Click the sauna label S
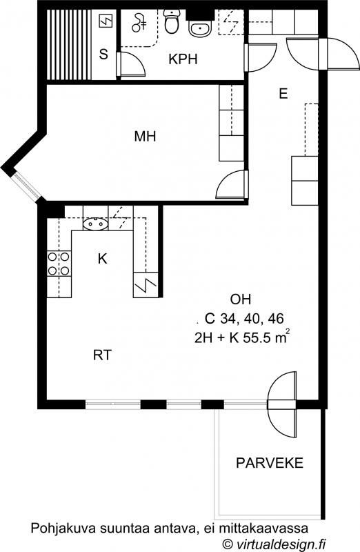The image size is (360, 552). coord(103,55)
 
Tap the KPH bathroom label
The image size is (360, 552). coord(183,59)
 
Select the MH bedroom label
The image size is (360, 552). coord(145,136)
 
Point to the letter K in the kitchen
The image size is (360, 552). coord(102,259)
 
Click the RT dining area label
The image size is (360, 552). coord(102,355)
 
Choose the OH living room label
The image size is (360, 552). coord(241,299)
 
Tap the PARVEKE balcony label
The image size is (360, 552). coord(270,462)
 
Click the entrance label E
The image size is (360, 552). coord(283,94)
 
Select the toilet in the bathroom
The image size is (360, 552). coord(172,21)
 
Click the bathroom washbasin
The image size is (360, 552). coord(199,28)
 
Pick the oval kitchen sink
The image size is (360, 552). coord(95,224)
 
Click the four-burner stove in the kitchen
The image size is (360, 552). coord(59,264)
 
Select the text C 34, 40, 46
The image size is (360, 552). coord(244,319)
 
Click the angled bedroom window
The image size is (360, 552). coord(27,185)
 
